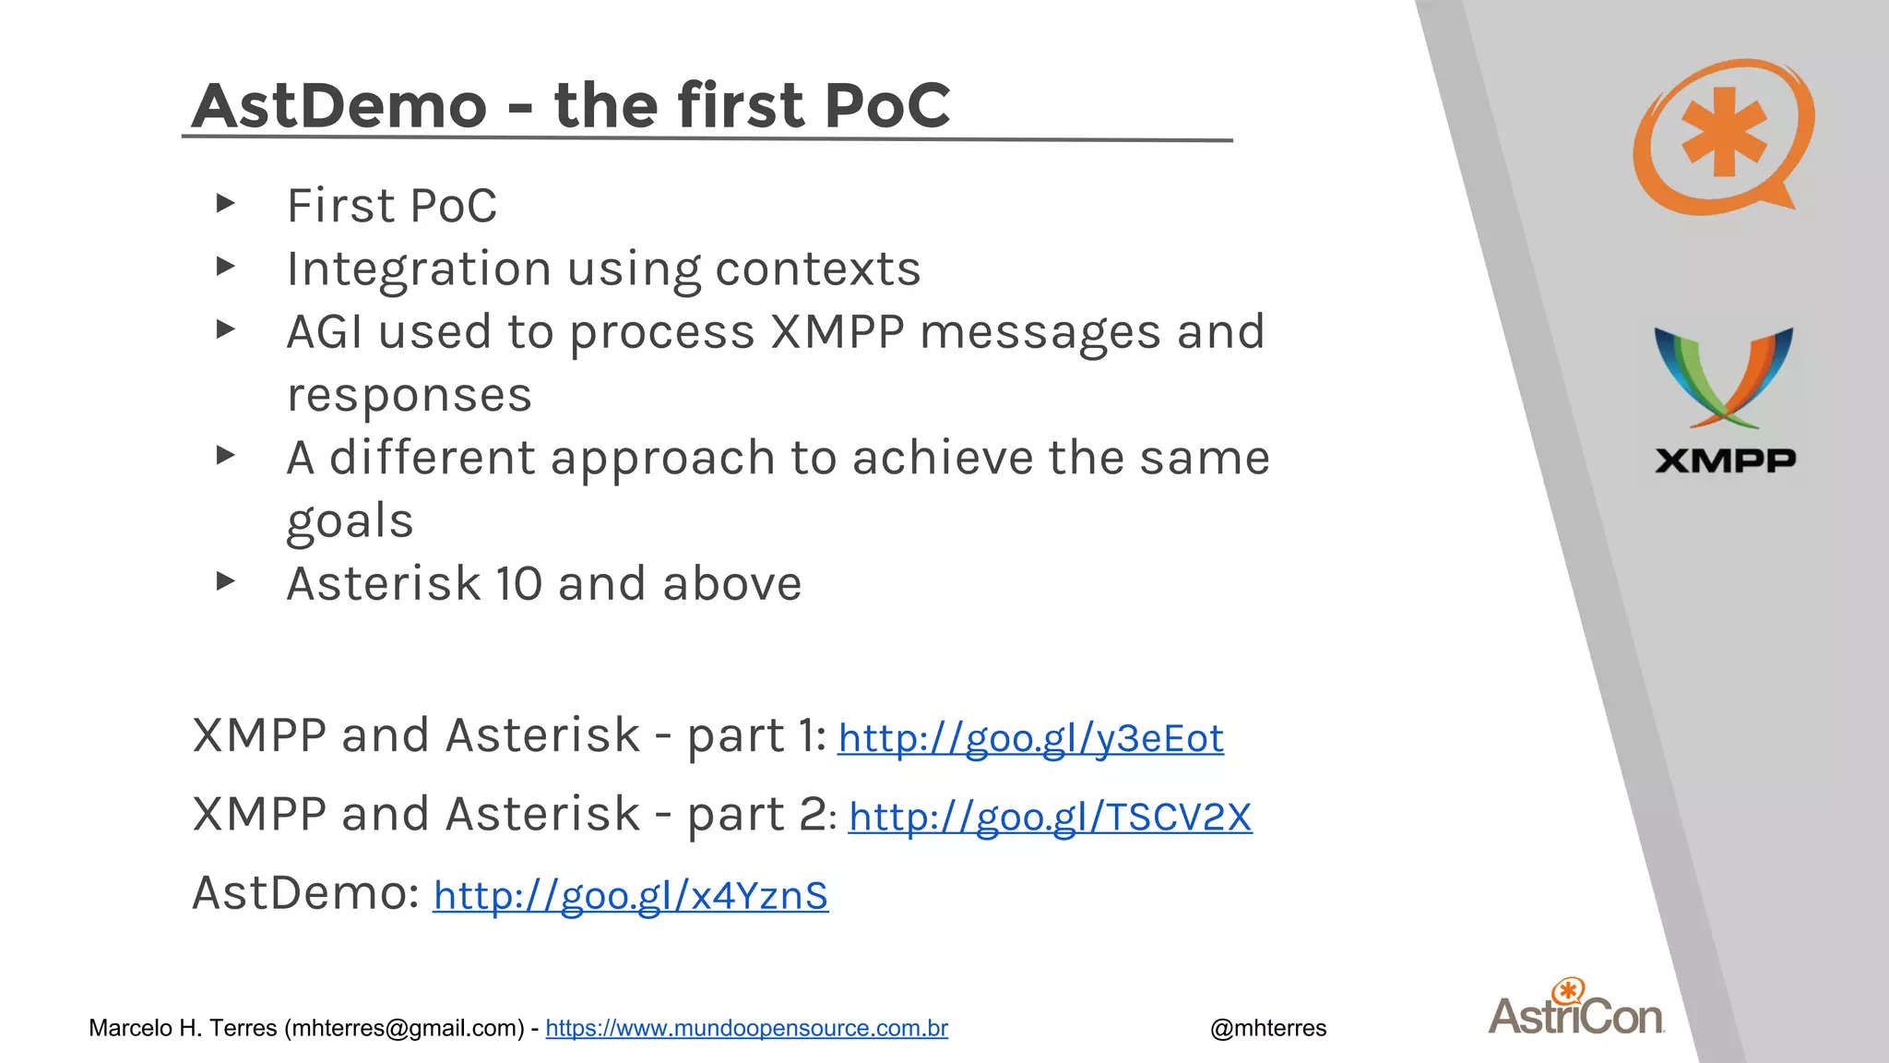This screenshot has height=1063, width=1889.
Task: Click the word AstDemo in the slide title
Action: click(339, 105)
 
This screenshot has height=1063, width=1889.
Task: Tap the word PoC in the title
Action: click(886, 105)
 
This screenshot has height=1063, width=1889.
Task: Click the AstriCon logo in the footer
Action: click(1576, 1009)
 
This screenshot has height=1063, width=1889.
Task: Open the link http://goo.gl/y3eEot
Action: click(1030, 739)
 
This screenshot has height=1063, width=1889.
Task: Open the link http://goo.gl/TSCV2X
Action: click(1050, 818)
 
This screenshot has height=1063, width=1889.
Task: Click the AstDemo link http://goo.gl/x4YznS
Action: click(631, 896)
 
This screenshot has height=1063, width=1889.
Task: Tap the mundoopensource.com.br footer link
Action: click(746, 1028)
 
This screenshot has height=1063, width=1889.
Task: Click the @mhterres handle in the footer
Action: click(1268, 1028)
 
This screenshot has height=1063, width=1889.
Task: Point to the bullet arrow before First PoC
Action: click(225, 204)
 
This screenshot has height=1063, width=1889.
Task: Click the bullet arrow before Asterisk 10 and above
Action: click(225, 581)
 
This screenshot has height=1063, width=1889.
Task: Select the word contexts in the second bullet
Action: click(817, 269)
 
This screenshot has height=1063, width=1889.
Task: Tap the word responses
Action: click(410, 396)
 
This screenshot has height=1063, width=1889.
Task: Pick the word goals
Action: click(350, 521)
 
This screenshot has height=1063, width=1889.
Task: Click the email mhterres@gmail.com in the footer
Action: click(404, 1028)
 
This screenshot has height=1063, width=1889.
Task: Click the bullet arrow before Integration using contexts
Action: click(225, 268)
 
